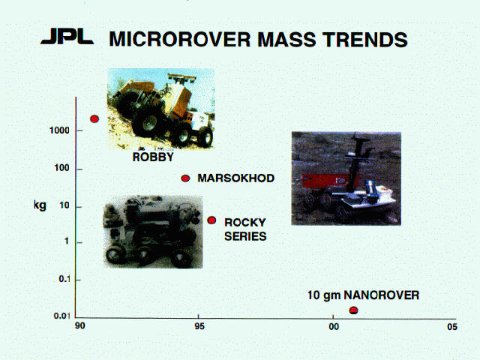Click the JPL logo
click(x=67, y=37)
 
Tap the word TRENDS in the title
click(x=364, y=40)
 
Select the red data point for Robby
click(x=94, y=118)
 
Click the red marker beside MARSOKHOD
click(x=185, y=178)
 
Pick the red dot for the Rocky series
click(x=211, y=220)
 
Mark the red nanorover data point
click(x=353, y=310)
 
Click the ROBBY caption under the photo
click(x=153, y=157)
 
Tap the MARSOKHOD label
click(x=236, y=178)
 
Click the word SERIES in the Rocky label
click(x=245, y=236)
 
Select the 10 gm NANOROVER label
click(x=363, y=295)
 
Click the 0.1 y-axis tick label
click(x=64, y=279)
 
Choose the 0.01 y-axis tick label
click(x=62, y=316)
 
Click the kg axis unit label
click(x=40, y=205)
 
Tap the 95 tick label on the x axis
click(x=199, y=326)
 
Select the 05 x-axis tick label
click(x=451, y=327)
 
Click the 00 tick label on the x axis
click(x=334, y=327)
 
